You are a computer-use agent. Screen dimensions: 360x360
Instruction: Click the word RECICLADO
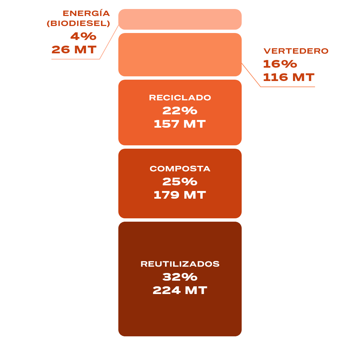tap(180, 98)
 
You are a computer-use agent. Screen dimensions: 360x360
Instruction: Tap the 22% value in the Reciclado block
tap(180, 111)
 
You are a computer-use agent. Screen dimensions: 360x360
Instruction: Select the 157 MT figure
tap(180, 124)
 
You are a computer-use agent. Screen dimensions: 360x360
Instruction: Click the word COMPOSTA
tap(180, 169)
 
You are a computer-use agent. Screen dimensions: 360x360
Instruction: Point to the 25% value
tap(180, 182)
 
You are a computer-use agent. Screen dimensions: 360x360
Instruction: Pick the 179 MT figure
tap(180, 195)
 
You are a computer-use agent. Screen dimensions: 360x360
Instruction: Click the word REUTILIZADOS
tap(180, 264)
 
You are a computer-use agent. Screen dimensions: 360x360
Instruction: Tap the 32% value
tap(180, 277)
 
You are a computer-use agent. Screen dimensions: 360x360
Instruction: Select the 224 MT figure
tap(180, 290)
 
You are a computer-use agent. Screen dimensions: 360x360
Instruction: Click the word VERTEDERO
tap(296, 51)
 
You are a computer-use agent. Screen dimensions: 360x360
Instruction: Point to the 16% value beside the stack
tap(280, 64)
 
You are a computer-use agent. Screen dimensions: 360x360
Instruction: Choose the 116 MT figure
tap(289, 77)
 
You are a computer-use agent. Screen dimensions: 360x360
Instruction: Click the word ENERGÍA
tap(86, 14)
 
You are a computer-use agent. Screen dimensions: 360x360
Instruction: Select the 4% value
tap(83, 36)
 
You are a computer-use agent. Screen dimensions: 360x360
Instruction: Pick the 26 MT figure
tap(74, 50)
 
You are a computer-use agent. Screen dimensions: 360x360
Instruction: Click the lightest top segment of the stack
tap(180, 19)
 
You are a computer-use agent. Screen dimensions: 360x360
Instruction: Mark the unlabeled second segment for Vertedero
tap(180, 55)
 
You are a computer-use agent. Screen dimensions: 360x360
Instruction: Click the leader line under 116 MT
tap(287, 87)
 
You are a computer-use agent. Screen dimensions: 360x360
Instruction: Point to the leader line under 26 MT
tap(75, 59)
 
